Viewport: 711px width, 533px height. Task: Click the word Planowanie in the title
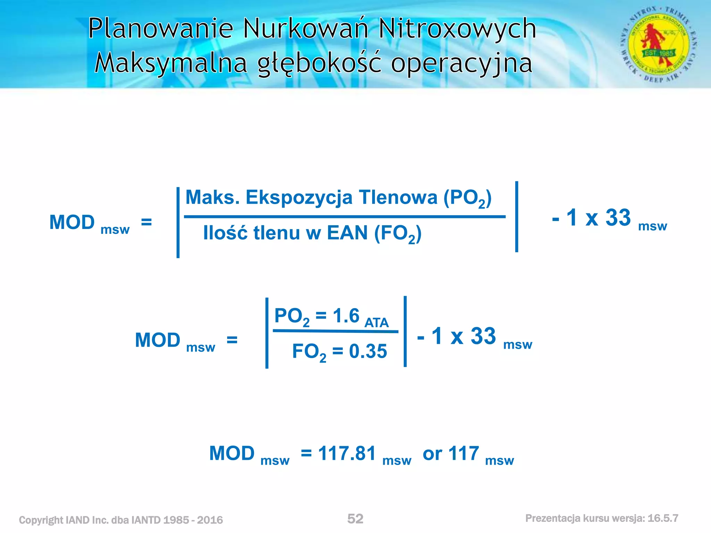pos(161,28)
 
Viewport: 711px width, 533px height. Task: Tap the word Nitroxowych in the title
pos(457,28)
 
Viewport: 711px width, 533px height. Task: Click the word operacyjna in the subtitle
pos(462,64)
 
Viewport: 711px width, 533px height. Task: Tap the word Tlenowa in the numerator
pos(398,197)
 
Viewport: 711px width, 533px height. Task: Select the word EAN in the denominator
pos(347,233)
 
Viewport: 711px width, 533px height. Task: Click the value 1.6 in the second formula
pos(346,316)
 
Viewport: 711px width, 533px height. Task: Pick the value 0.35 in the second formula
pos(368,351)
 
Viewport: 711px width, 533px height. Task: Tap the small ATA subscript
pos(376,323)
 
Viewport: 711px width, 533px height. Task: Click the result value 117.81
pos(347,454)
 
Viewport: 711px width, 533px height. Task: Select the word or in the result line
pos(432,454)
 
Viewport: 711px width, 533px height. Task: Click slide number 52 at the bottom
pos(355,519)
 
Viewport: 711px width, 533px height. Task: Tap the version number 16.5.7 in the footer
pos(663,518)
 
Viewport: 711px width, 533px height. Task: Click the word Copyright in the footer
pos(41,520)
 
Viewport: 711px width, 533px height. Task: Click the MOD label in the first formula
pos(72,222)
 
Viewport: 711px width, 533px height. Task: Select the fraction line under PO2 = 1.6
pos(335,331)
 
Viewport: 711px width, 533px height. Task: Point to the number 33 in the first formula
pos(618,218)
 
